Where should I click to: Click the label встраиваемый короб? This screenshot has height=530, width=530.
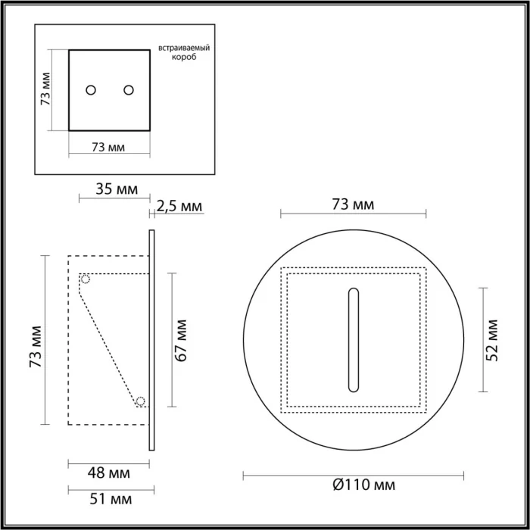[183, 52]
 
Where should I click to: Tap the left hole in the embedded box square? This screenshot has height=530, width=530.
[91, 90]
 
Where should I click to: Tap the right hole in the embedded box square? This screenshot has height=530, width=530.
[129, 90]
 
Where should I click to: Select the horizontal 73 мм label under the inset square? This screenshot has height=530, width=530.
[108, 146]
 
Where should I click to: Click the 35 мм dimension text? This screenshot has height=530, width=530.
[117, 189]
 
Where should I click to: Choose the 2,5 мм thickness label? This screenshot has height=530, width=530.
[180, 205]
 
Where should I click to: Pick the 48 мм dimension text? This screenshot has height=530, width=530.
[109, 473]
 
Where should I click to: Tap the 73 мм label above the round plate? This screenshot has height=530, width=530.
[353, 204]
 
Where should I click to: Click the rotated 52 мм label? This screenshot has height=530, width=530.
[494, 340]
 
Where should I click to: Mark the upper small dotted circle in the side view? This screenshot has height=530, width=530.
[86, 279]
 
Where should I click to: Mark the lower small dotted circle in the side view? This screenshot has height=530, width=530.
[141, 401]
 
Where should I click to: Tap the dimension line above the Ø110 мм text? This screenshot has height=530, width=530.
[352, 475]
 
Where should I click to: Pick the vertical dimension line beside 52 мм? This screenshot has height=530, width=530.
[482, 340]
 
